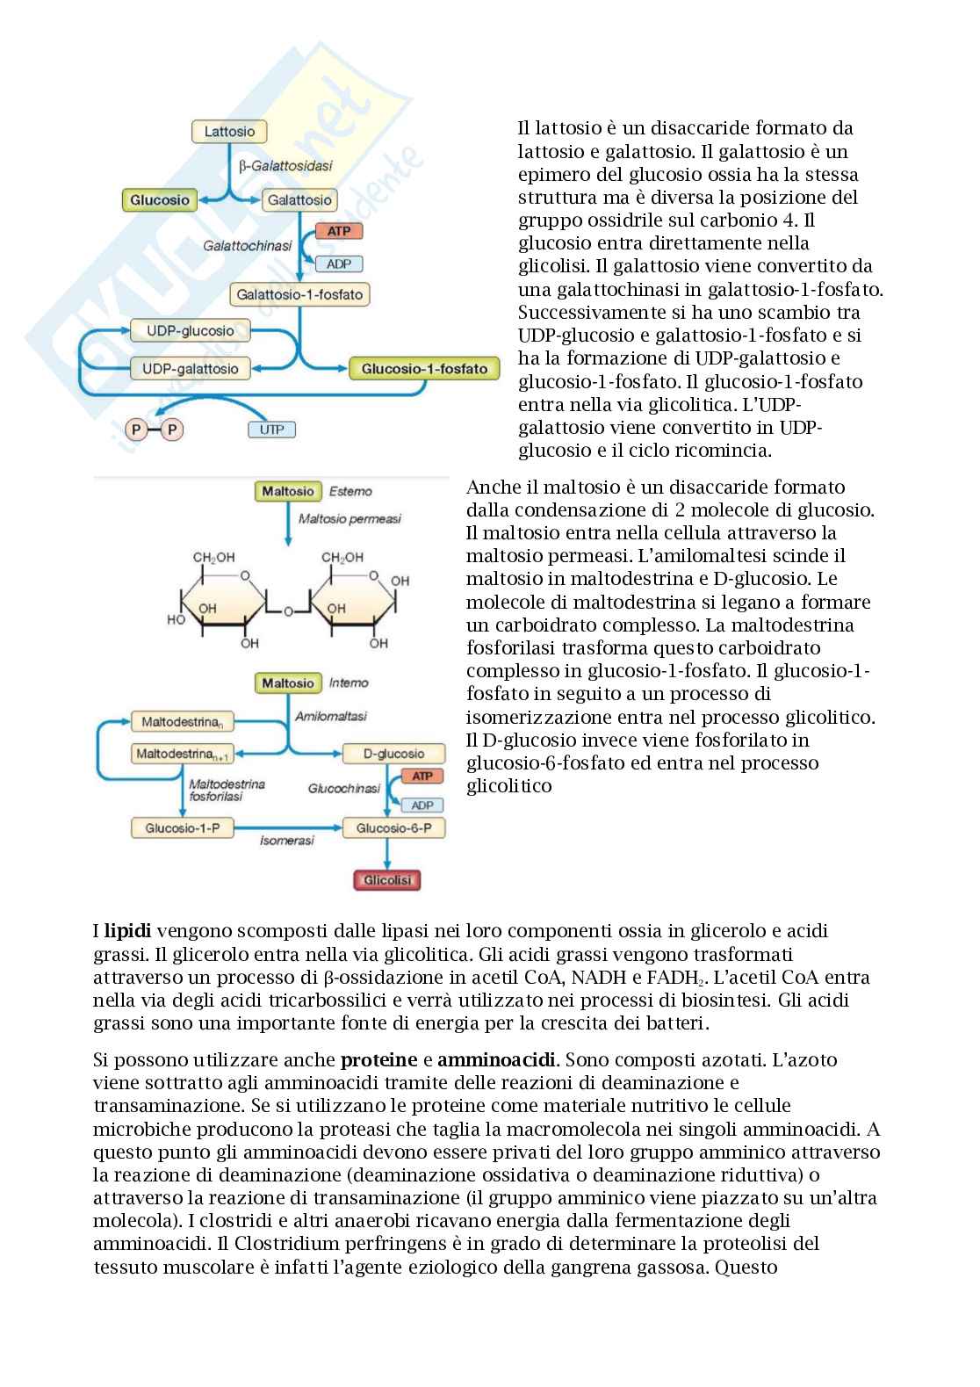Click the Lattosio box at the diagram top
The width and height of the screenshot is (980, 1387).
coord(229,132)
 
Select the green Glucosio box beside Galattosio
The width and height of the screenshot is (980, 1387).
coord(160,200)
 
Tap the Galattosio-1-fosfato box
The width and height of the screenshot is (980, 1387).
coord(299,294)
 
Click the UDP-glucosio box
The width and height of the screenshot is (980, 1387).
coord(190,331)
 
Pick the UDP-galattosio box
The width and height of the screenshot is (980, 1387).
coord(191,369)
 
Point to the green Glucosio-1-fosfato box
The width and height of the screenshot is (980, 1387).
coord(424,369)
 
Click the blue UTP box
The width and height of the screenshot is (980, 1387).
coord(272,430)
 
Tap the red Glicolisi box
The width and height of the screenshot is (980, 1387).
coord(386,880)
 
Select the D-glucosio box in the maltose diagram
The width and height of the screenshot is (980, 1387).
coord(382,754)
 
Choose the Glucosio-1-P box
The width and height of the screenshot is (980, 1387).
coord(183,828)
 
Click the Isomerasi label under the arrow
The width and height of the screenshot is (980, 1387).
coord(287,842)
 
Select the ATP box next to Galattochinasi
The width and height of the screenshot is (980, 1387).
coord(338,231)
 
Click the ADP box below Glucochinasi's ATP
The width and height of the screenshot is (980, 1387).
coord(422,805)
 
